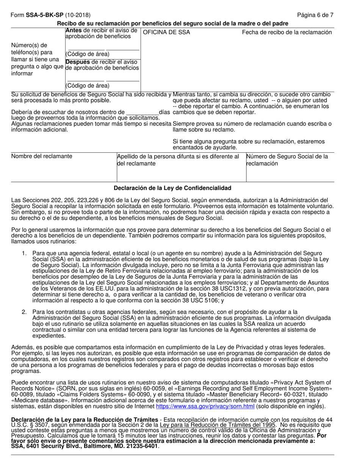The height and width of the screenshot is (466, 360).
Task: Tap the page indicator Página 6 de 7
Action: click(x=315, y=15)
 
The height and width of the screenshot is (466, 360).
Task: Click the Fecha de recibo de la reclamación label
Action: click(x=287, y=33)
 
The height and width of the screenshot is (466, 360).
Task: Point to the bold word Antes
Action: click(x=74, y=30)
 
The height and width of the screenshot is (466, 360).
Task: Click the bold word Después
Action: click(x=78, y=61)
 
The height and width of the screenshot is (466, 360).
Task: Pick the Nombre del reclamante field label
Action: click(x=42, y=156)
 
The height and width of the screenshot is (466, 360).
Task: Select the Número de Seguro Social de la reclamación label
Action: click(x=287, y=160)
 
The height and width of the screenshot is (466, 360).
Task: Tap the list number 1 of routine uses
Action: click(x=24, y=253)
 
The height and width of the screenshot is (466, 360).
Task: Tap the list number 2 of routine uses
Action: click(x=24, y=312)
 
